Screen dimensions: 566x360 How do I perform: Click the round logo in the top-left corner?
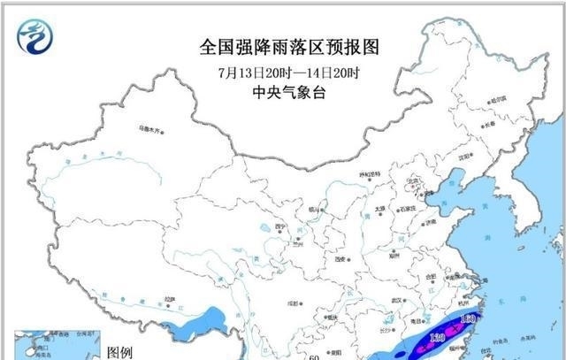pyautogui.click(x=35, y=34)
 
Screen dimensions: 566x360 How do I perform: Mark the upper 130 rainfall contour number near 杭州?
pyautogui.click(x=470, y=318)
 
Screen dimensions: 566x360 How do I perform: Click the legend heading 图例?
pyautogui.click(x=119, y=352)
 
